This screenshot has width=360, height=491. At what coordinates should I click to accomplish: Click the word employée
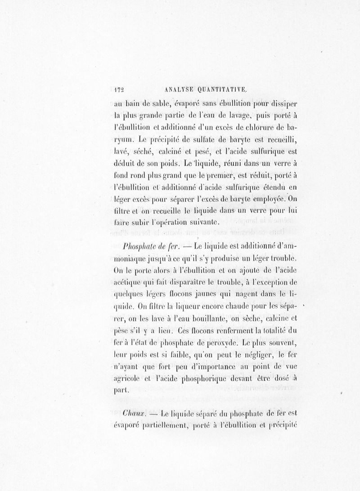point(267,198)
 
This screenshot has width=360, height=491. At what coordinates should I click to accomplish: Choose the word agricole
point(128,378)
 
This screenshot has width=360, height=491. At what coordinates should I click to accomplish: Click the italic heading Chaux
point(133,412)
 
